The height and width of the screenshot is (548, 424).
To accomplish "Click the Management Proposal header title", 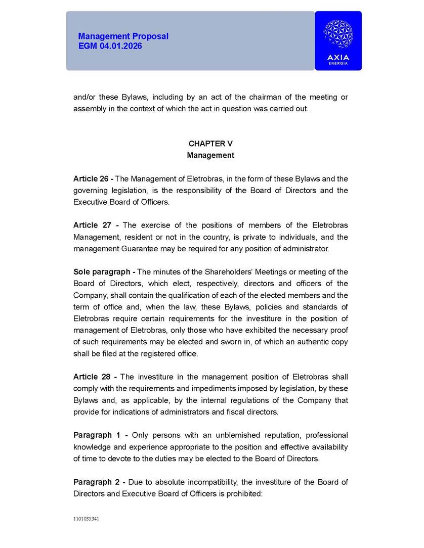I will [123, 36].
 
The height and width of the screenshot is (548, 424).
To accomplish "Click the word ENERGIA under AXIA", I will [338, 64].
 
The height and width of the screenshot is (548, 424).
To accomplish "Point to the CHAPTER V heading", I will [210, 144].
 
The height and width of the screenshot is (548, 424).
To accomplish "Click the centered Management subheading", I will [210, 155].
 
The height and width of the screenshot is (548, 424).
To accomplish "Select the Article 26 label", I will [92, 179].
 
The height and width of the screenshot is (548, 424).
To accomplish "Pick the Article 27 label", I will [92, 225].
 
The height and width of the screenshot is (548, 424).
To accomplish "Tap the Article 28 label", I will [92, 377].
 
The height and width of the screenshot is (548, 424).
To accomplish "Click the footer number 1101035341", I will [86, 519].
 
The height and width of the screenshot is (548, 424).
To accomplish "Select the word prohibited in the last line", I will [243, 493].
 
